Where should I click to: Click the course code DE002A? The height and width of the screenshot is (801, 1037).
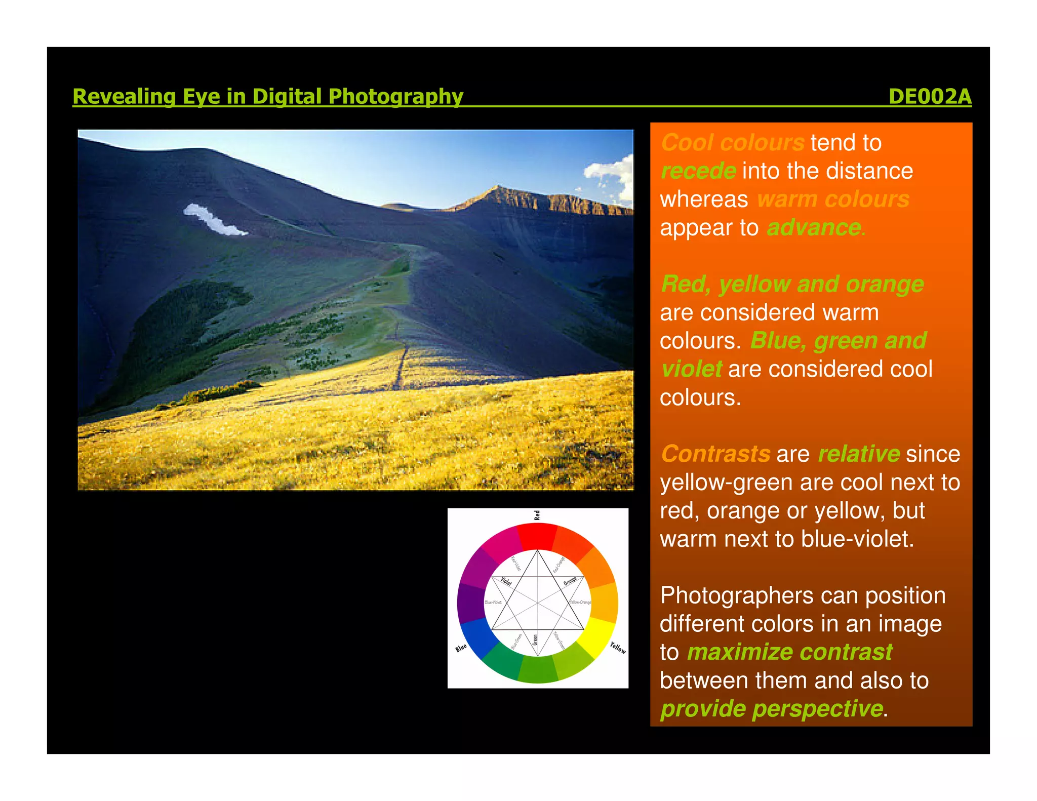point(930,96)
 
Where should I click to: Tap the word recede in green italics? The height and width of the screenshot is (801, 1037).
point(698,171)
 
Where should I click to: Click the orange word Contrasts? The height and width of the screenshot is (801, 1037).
point(715,454)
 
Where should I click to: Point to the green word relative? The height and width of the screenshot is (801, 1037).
point(859,454)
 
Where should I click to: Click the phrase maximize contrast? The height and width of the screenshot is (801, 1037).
point(789,652)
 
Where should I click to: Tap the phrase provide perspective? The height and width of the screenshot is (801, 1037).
point(772,709)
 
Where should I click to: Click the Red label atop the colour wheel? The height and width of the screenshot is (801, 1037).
point(537,515)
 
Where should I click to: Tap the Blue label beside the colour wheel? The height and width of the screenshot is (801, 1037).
point(461,648)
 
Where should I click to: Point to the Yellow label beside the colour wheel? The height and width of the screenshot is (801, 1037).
point(618,647)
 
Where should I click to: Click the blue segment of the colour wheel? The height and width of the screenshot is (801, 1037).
point(477,638)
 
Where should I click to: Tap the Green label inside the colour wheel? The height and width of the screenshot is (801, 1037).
point(535,639)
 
